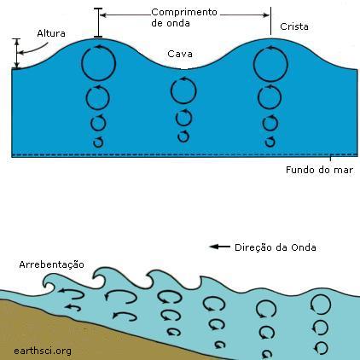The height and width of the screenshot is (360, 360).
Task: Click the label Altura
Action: tap(51, 33)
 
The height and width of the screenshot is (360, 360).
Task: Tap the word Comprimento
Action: tap(184, 12)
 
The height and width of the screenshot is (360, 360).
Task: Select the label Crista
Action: tap(294, 26)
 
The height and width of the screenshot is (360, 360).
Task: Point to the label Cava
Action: tap(180, 54)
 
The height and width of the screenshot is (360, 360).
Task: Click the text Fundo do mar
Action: tap(319, 170)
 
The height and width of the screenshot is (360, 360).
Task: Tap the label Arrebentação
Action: tap(51, 264)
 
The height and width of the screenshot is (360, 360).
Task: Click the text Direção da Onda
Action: tap(276, 247)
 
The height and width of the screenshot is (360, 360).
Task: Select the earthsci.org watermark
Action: tap(43, 351)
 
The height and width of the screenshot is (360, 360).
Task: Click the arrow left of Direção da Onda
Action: tap(219, 247)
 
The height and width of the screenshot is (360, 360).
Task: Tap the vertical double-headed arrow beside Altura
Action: tap(17, 54)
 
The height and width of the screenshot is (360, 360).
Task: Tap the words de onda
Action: tap(171, 23)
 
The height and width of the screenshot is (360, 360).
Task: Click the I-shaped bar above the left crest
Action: tap(98, 23)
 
